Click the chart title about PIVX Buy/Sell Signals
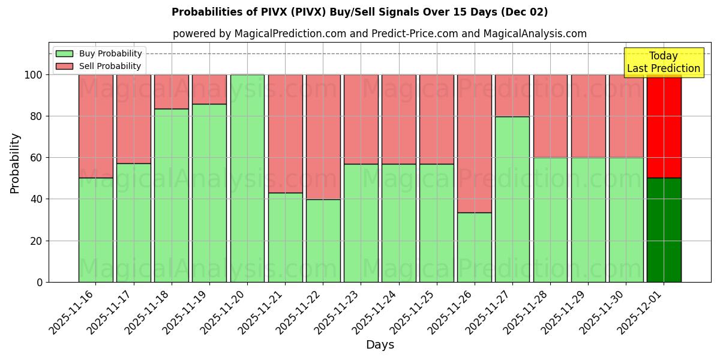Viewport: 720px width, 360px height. pyautogui.click(x=359, y=12)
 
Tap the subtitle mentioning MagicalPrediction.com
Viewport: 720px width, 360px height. pyautogui.click(x=379, y=34)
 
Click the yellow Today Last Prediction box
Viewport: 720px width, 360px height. pyautogui.click(x=663, y=62)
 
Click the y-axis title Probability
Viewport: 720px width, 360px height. pyautogui.click(x=15, y=163)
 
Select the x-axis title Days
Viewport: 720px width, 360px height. pyautogui.click(x=380, y=345)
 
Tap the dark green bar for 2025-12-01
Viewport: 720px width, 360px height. pyautogui.click(x=664, y=230)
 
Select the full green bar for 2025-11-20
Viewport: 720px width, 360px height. pyautogui.click(x=247, y=178)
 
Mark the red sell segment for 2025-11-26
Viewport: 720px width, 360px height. pyautogui.click(x=474, y=143)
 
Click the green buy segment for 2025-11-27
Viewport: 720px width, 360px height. pyautogui.click(x=512, y=199)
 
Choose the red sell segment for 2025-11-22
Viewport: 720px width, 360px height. pyautogui.click(x=323, y=137)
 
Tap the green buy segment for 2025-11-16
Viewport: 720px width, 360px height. pyautogui.click(x=95, y=230)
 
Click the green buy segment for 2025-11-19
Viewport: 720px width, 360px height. pyautogui.click(x=209, y=193)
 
